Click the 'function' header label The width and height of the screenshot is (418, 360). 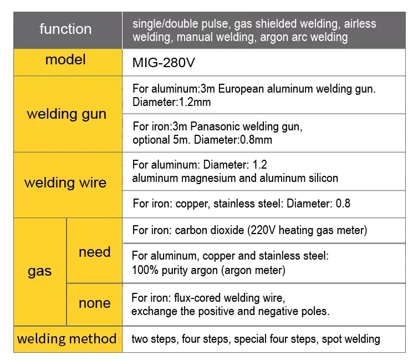pyautogui.click(x=65, y=29)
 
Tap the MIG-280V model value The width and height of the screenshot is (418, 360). pyautogui.click(x=164, y=63)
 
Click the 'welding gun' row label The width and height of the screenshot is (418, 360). pyautogui.click(x=67, y=114)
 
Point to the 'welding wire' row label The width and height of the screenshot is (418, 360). pyautogui.click(x=65, y=182)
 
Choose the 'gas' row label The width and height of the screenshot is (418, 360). pyautogui.click(x=40, y=271)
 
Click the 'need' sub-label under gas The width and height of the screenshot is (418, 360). pyautogui.click(x=94, y=252)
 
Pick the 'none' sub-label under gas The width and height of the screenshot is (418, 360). pyautogui.click(x=94, y=303)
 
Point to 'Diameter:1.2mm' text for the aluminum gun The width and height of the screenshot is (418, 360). pyautogui.click(x=172, y=102)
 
